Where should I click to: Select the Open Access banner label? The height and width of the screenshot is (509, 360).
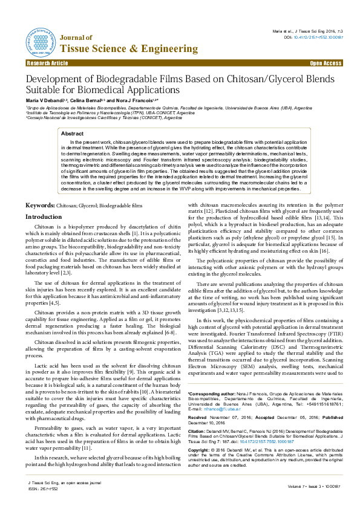pos(326,63)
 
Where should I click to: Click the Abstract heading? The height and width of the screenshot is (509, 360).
pos(73,133)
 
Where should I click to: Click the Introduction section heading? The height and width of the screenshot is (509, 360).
pos(43,216)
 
